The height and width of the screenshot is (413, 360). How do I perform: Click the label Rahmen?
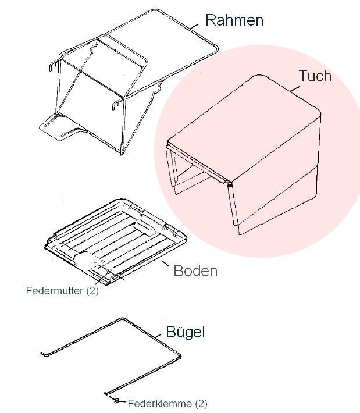234,20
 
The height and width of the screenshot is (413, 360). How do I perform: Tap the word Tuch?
315,76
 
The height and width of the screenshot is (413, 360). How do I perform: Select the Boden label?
195,270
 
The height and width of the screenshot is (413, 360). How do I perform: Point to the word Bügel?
185,332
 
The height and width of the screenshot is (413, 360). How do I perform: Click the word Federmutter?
55,290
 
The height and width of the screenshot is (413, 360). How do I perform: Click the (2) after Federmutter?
92,291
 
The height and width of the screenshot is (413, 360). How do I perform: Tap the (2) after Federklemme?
201,404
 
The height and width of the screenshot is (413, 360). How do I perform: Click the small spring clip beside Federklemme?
116,401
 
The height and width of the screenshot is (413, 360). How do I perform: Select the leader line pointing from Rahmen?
195,26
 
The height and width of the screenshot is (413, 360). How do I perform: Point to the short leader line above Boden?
165,263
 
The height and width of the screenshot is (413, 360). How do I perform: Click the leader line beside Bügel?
158,336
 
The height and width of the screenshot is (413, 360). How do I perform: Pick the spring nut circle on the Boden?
108,271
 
